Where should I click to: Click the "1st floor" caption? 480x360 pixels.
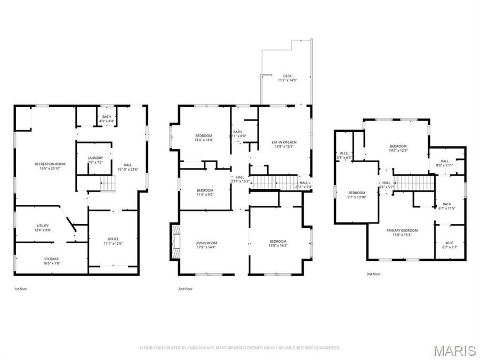20,289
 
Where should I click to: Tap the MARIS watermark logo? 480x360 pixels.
454,350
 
